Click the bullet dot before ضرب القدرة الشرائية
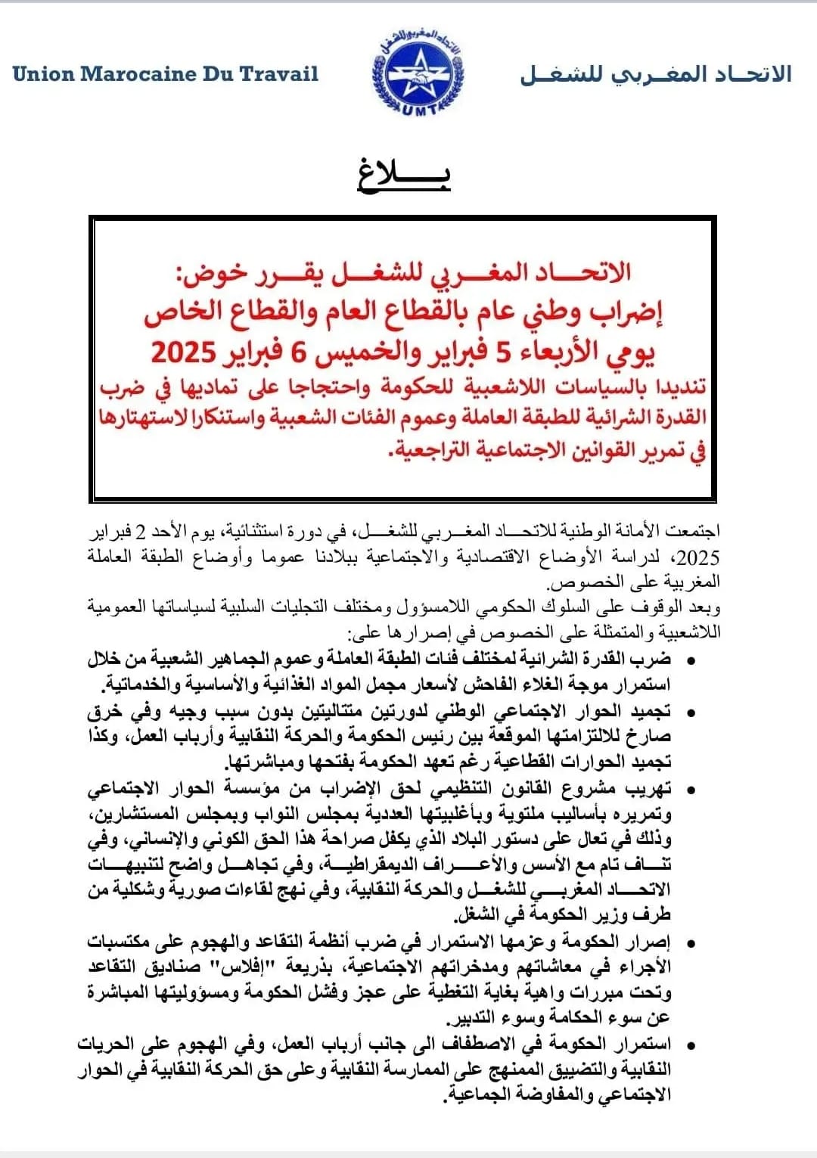pos(689,661)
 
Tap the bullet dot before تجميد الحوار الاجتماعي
pos(689,712)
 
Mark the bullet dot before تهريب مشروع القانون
pos(689,790)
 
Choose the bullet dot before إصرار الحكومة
pos(689,943)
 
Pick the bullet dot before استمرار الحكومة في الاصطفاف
pos(689,1045)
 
